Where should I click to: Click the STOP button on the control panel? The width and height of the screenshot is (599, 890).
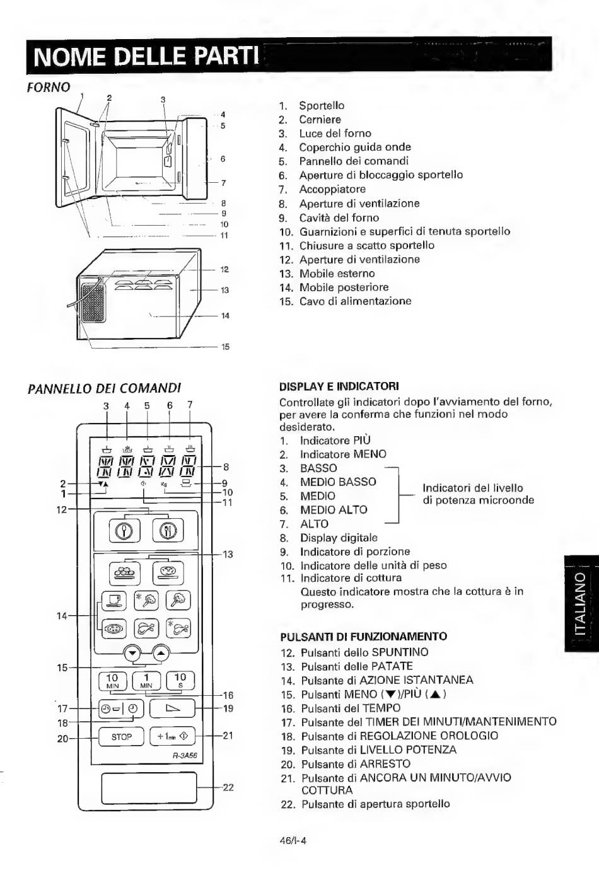tap(121, 737)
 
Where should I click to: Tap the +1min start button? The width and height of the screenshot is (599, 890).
tap(172, 737)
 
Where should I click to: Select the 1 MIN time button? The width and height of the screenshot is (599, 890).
tap(146, 681)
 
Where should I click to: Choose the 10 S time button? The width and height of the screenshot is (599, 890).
tap(180, 681)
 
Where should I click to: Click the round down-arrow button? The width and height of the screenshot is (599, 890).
tap(133, 653)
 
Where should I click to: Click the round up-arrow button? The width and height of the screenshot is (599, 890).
tap(161, 653)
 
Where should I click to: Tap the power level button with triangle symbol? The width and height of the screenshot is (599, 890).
tap(172, 708)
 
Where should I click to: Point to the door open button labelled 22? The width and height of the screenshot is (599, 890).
tap(149, 787)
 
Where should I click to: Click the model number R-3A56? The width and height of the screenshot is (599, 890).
tap(185, 756)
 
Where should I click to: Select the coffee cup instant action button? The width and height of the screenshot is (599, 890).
tap(114, 600)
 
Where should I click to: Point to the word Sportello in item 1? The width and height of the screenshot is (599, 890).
tap(322, 106)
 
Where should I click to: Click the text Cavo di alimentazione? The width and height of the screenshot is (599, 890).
tap(356, 301)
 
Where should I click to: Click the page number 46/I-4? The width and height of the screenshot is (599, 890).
tap(293, 841)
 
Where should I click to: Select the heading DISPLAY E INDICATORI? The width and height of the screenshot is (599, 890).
tap(339, 386)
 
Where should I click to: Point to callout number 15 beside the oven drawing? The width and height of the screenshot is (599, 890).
tap(225, 347)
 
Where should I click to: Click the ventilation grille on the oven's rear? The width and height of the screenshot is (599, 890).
tap(93, 303)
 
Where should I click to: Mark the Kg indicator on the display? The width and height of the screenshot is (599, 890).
tap(164, 484)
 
